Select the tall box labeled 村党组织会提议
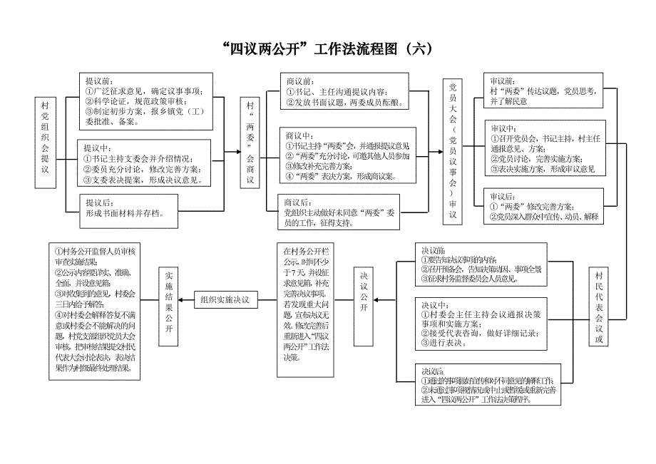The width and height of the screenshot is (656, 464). coord(46,142)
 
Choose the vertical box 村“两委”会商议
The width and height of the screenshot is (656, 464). coord(250,143)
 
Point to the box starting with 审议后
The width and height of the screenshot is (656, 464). coord(543,207)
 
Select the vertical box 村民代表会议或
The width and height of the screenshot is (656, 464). coord(599,306)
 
